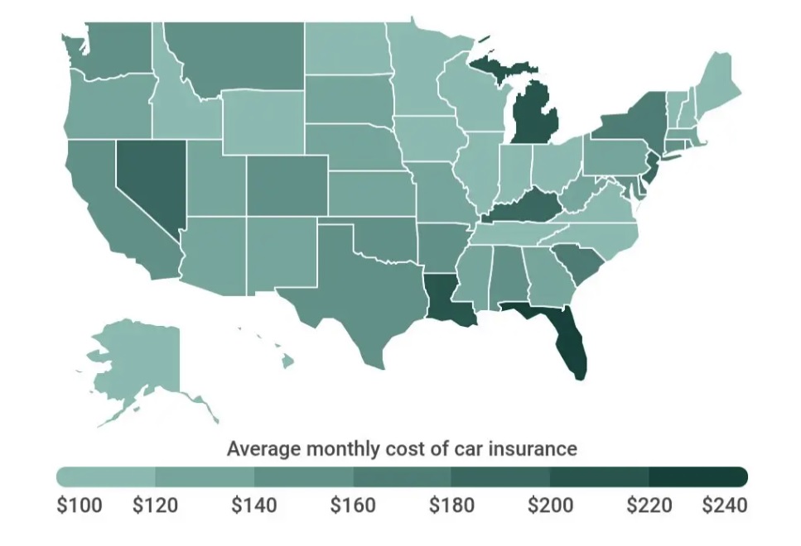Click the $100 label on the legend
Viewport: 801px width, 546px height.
pos(80,505)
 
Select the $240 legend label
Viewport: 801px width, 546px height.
pos(724,505)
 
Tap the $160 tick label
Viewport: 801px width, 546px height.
pos(353,505)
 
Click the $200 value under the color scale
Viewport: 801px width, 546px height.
pos(551,505)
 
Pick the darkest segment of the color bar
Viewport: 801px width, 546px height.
pos(698,477)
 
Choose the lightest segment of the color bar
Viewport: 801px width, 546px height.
pos(106,477)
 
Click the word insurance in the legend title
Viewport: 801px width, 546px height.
pos(533,449)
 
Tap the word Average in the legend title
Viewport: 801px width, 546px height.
pos(262,449)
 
